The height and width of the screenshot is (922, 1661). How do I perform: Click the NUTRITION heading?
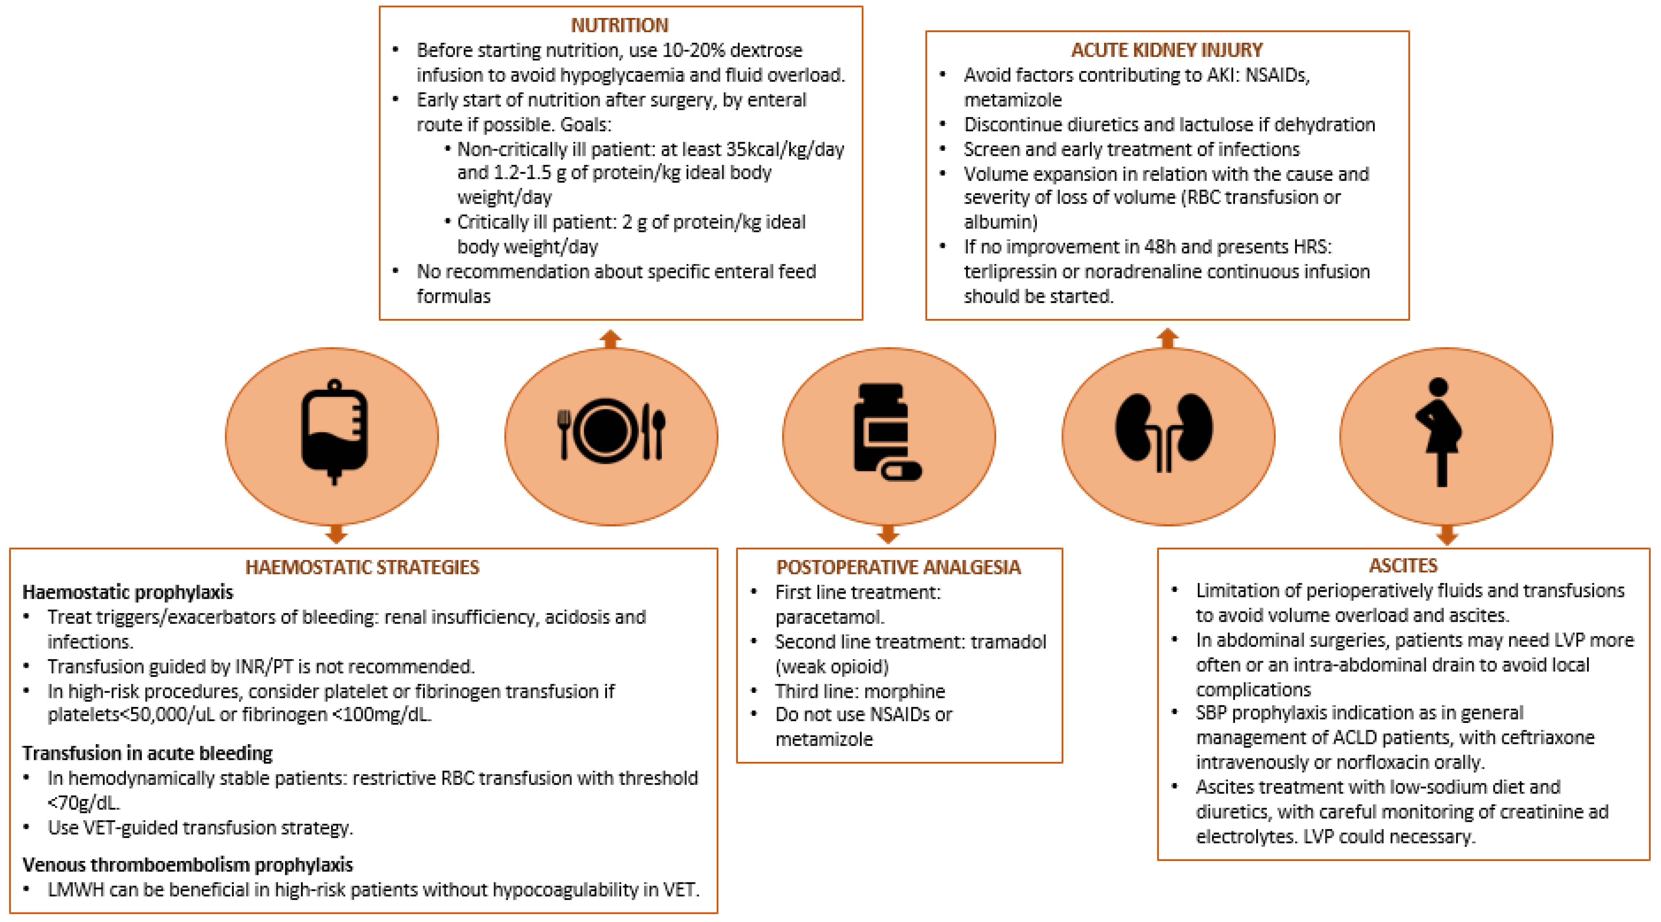pyautogui.click(x=619, y=25)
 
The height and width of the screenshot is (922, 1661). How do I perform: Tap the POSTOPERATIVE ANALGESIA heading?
pyautogui.click(x=898, y=567)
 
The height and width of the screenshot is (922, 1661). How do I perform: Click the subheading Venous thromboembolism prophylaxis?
pyautogui.click(x=188, y=865)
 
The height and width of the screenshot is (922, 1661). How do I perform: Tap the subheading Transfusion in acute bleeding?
pyautogui.click(x=148, y=753)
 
